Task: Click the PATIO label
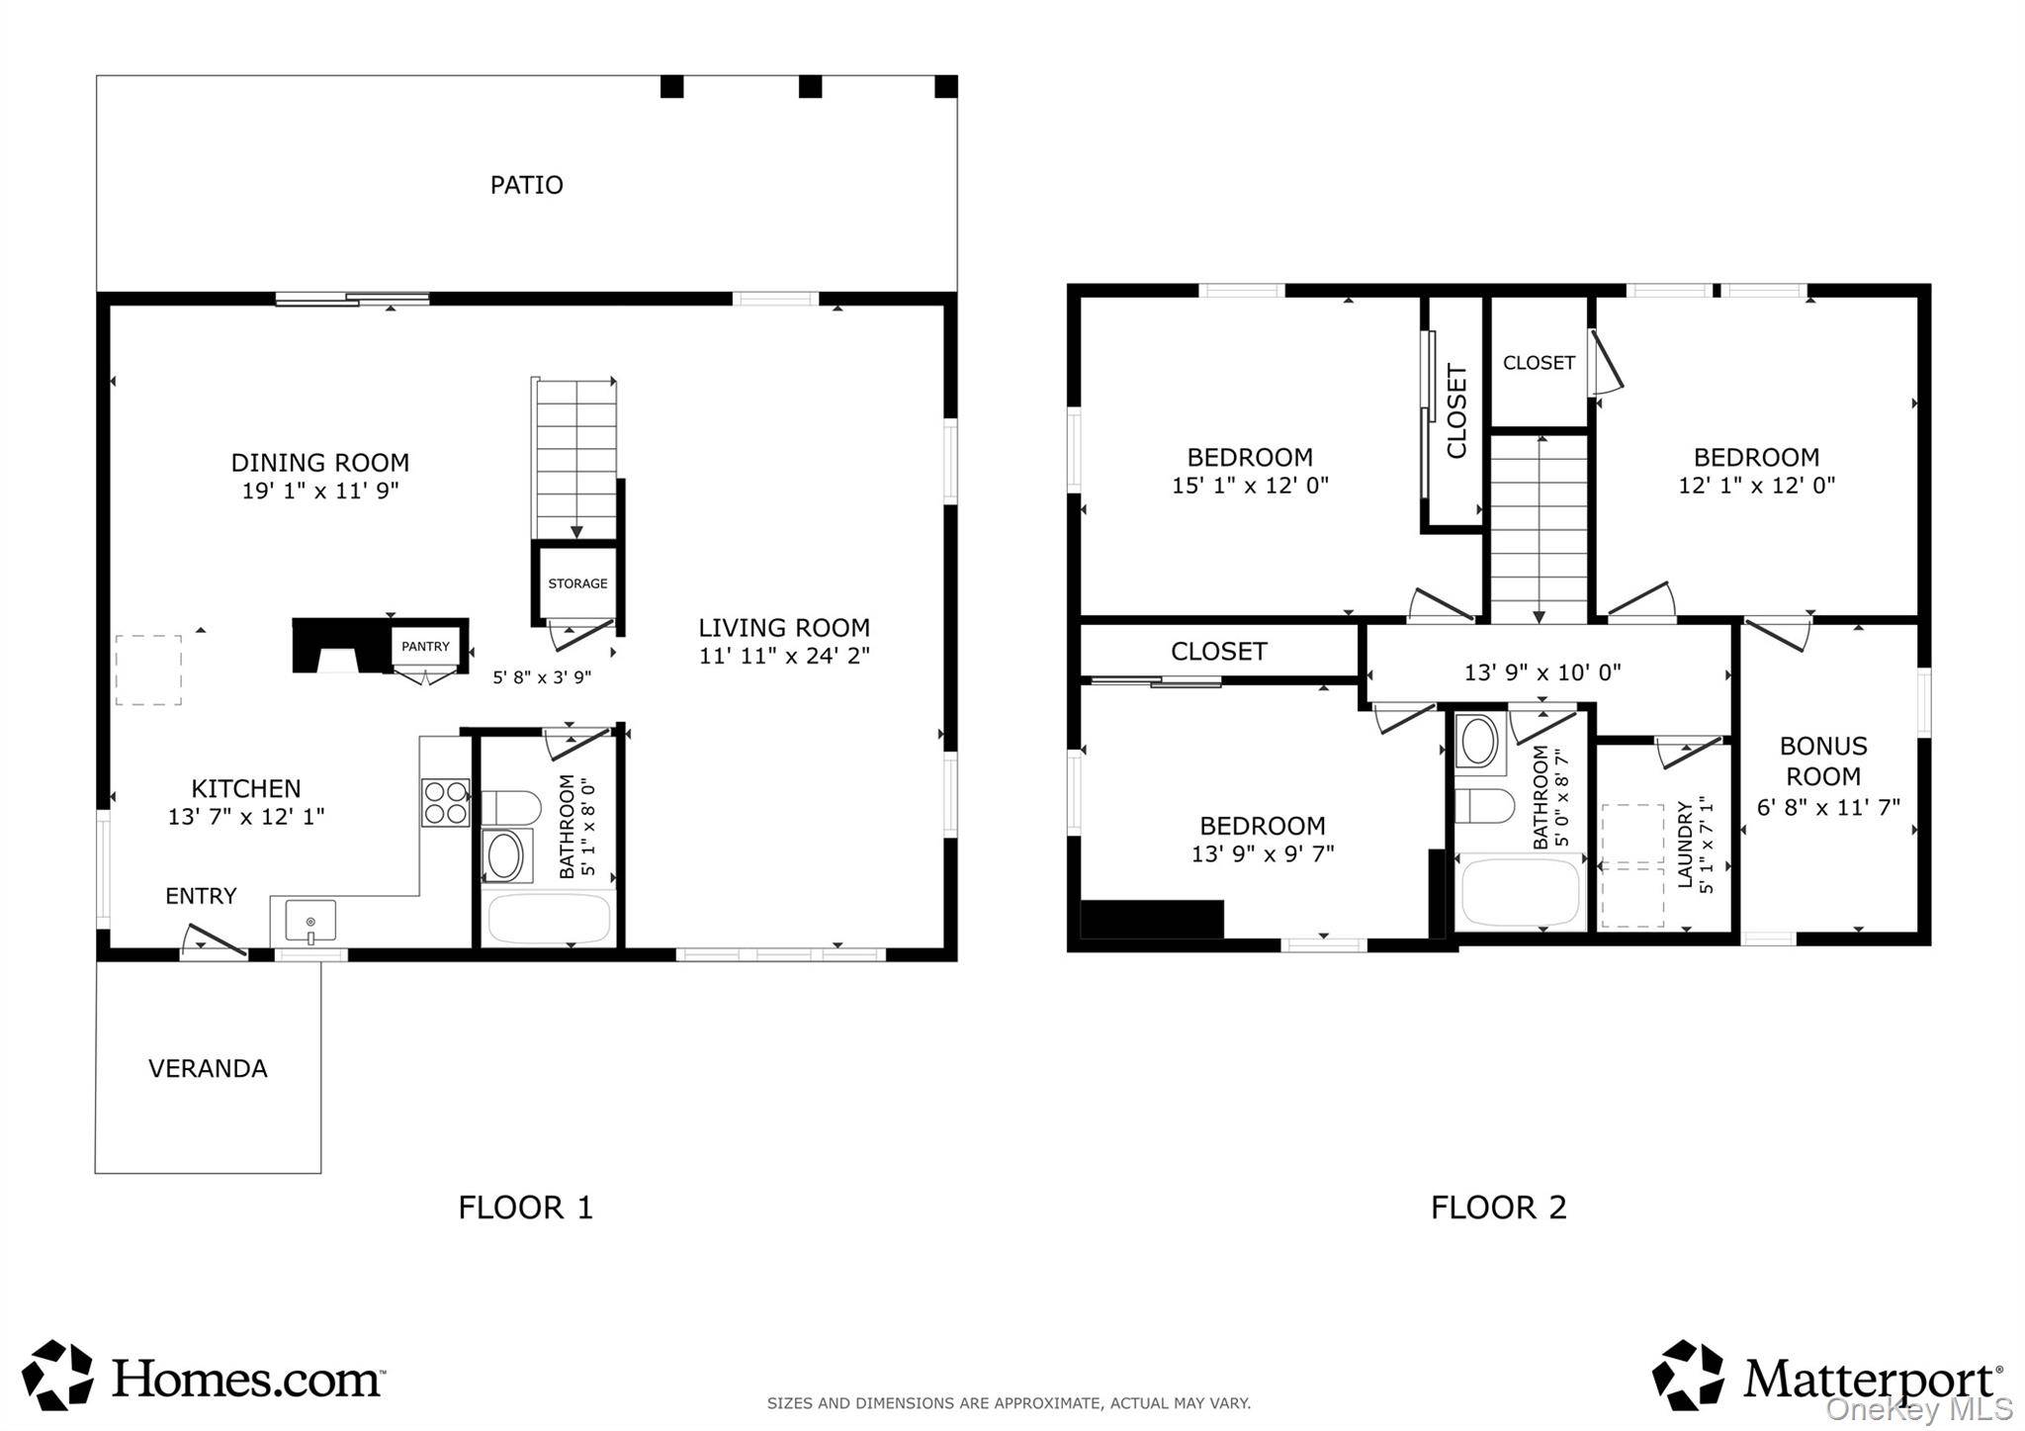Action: click(x=526, y=185)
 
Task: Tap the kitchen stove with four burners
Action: click(x=446, y=802)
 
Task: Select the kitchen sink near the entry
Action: click(x=310, y=921)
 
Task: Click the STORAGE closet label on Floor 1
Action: click(x=577, y=583)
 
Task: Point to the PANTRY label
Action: click(x=425, y=646)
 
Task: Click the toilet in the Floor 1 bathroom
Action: click(x=510, y=807)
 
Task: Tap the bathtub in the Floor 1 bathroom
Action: click(x=549, y=919)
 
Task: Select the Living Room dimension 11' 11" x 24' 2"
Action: click(x=784, y=655)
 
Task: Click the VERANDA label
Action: click(x=208, y=1068)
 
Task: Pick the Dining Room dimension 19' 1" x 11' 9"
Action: click(x=320, y=490)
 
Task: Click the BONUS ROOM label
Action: click(x=1823, y=760)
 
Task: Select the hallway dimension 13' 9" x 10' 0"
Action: click(x=1542, y=672)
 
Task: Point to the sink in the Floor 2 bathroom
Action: click(x=1479, y=742)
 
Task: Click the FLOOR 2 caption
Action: click(x=1498, y=1207)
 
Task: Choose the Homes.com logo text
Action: click(x=246, y=1377)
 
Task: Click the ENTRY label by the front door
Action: click(x=201, y=896)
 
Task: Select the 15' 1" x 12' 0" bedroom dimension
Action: click(x=1250, y=485)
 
